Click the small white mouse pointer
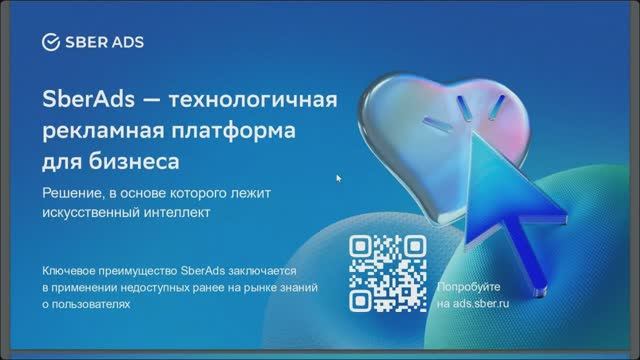click(339, 178)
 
